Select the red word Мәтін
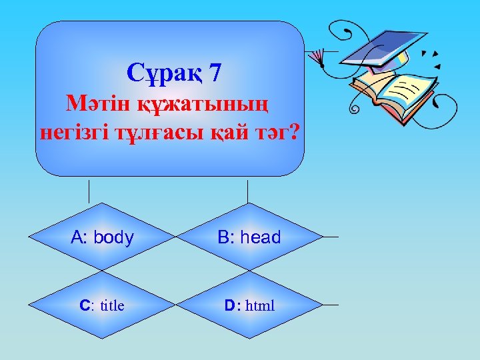[89, 103]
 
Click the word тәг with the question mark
[273, 132]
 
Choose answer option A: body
[103, 237]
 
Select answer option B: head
[248, 237]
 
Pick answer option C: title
[102, 306]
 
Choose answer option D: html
[249, 306]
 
